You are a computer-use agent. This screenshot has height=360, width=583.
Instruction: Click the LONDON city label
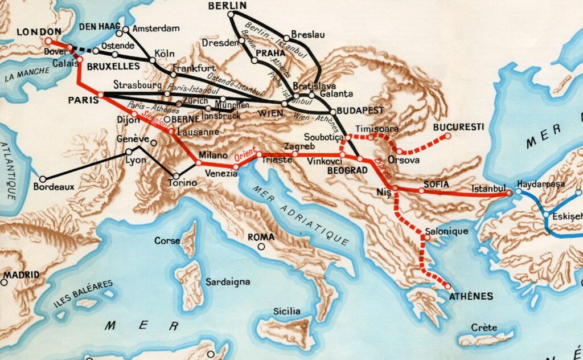point(39,31)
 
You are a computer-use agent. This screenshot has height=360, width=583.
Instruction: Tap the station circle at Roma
point(261,247)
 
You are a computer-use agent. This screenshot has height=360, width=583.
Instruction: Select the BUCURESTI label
point(458,126)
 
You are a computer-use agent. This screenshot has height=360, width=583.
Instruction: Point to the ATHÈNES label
point(471,296)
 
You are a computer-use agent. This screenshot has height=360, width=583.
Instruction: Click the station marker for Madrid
point(5,281)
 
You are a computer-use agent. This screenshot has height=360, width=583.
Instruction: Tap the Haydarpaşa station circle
point(519,192)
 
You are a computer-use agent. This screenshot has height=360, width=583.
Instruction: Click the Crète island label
point(485,328)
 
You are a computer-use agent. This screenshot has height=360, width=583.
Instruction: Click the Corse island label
point(167,241)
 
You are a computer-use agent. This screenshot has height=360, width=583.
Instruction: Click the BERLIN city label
point(227,6)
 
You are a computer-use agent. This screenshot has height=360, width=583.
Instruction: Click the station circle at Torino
point(176,175)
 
